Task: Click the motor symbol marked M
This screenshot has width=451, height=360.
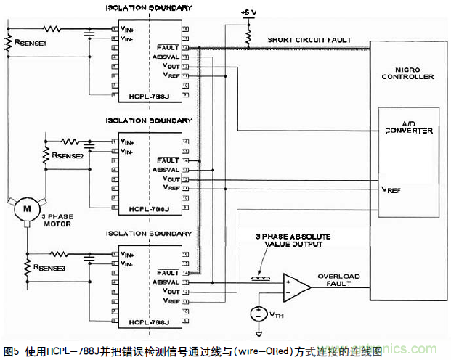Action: coord(26,208)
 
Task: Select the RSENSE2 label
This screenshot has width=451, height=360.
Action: coord(63,154)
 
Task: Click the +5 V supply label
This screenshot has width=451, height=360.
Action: coord(248,12)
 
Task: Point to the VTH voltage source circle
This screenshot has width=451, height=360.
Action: coord(256,314)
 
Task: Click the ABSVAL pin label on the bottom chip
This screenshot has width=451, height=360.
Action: coord(167,282)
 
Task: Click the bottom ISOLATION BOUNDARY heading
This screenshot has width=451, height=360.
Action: coord(149,234)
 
